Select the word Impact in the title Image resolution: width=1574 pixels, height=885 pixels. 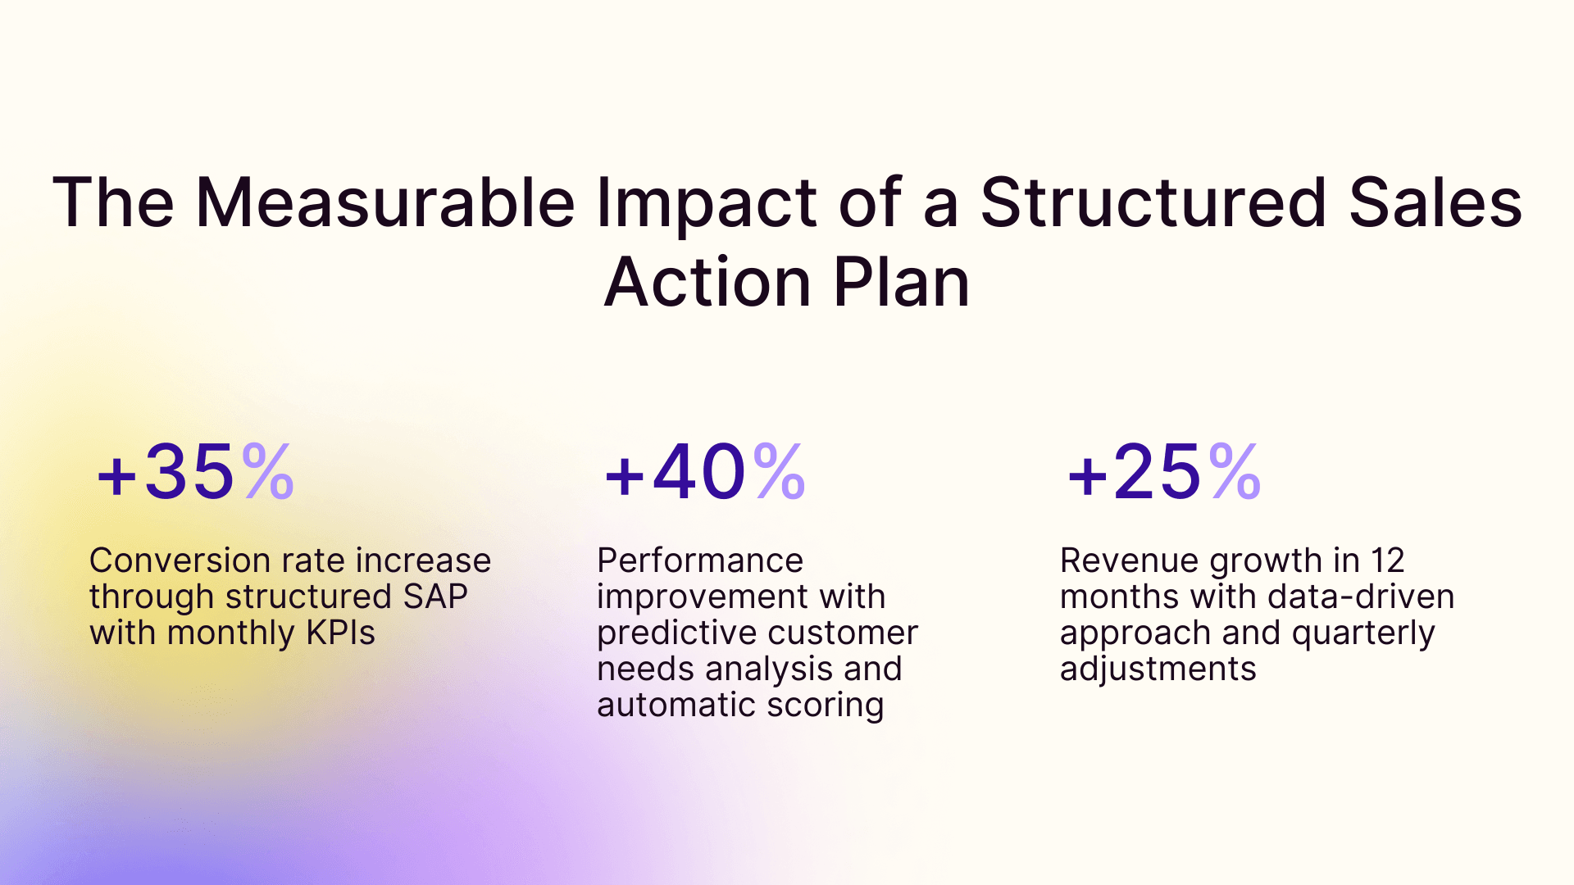click(706, 205)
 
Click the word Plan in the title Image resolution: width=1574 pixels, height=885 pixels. click(901, 283)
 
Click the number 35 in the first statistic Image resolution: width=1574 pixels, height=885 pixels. click(189, 472)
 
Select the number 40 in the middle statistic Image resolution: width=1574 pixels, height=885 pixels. click(699, 472)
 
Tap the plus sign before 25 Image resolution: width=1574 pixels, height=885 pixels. click(1087, 476)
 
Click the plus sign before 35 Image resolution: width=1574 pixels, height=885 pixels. click(116, 476)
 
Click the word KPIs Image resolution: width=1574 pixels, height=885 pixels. click(340, 633)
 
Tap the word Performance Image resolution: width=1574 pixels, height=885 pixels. click(699, 560)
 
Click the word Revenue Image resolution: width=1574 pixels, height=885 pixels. click(1128, 560)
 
